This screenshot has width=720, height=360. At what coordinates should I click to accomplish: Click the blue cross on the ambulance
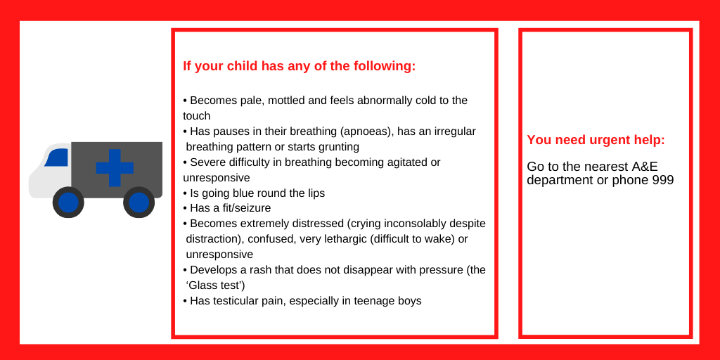115,167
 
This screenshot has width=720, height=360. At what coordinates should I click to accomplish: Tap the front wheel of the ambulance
68,202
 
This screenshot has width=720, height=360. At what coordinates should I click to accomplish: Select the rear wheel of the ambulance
139,202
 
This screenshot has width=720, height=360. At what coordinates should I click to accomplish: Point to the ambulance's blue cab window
57,157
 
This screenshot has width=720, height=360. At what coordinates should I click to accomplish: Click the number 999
663,180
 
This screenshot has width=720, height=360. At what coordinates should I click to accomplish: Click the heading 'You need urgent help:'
596,140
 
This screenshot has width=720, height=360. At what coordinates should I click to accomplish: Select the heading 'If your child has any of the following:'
299,66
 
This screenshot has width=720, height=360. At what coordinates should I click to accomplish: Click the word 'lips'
316,193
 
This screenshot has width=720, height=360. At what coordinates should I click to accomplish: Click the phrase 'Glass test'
215,285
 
